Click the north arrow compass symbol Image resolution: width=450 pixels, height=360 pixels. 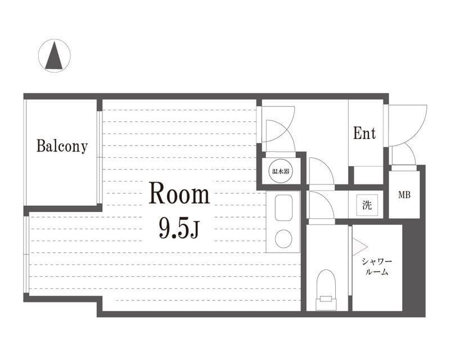54,56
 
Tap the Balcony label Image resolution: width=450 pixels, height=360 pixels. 62,146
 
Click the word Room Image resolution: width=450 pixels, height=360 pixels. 179,195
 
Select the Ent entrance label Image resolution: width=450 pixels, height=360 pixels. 364,133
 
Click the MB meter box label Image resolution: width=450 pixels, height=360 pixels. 404,195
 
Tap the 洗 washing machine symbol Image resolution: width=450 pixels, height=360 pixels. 367,205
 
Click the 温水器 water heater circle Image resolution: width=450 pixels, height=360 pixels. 281,171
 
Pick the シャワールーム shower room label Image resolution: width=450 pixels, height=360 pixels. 377,267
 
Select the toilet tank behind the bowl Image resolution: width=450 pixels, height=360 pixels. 326,304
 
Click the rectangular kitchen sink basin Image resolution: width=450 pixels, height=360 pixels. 283,208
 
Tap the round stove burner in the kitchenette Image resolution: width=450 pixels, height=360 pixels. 283,238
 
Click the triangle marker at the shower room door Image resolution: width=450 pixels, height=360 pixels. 359,246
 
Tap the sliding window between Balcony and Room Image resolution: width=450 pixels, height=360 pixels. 100,157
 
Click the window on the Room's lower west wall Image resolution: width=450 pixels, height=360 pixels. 26,254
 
